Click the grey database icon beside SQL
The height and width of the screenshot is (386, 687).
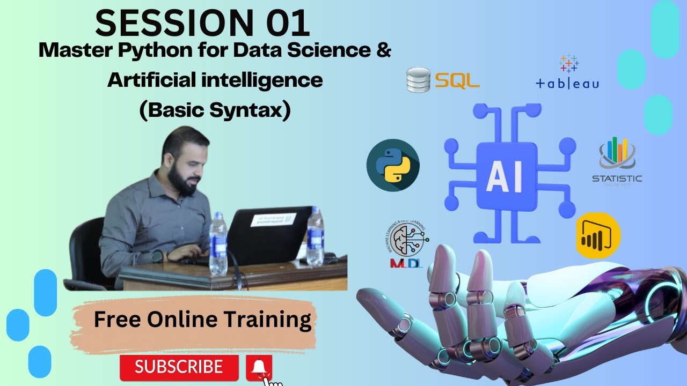tap(419, 80)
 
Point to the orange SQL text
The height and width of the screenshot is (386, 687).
tap(457, 80)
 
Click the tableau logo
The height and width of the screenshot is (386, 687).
tap(568, 72)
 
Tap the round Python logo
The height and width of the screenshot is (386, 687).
tap(393, 166)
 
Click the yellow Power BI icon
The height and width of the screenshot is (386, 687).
tap(598, 236)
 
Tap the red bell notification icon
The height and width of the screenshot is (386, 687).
tap(259, 367)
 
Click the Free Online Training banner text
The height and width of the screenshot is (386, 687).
tap(202, 320)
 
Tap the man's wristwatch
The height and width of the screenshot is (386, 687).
tap(157, 257)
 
